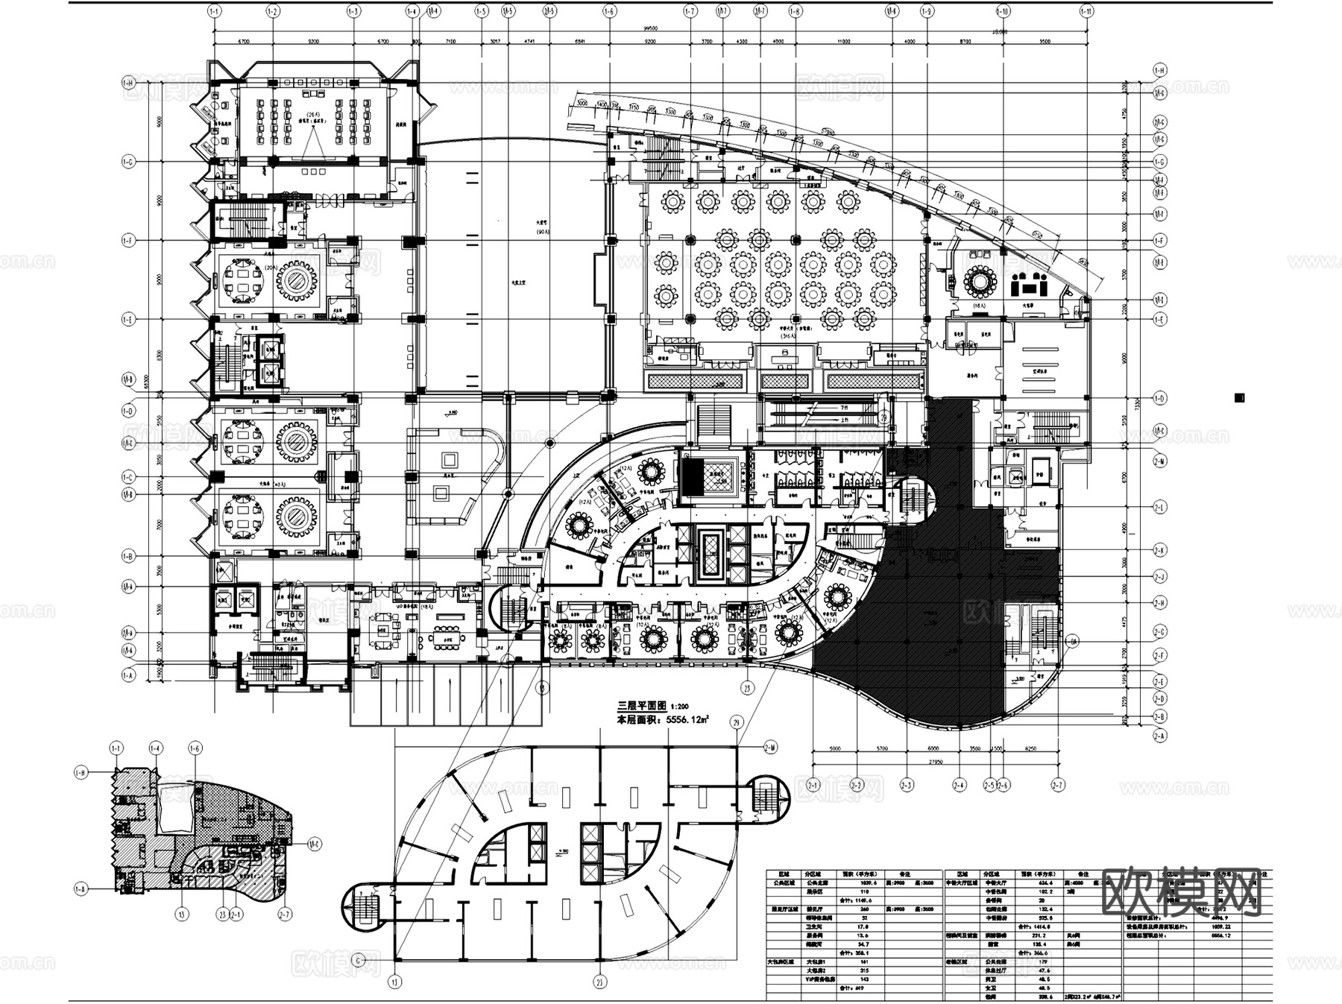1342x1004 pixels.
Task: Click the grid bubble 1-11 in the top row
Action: (x=1086, y=11)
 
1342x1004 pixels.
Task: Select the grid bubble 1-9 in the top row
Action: (x=927, y=11)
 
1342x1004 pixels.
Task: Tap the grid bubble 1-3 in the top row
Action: (x=353, y=11)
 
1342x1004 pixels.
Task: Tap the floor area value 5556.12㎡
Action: (x=687, y=720)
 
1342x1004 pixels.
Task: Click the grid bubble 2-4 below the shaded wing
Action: (x=959, y=785)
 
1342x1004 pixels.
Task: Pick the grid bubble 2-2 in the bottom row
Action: (x=858, y=785)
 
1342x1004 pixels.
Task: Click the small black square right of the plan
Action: (x=1239, y=398)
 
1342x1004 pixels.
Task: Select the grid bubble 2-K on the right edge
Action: (x=1160, y=551)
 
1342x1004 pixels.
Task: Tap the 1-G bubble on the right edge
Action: (x=1160, y=162)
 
